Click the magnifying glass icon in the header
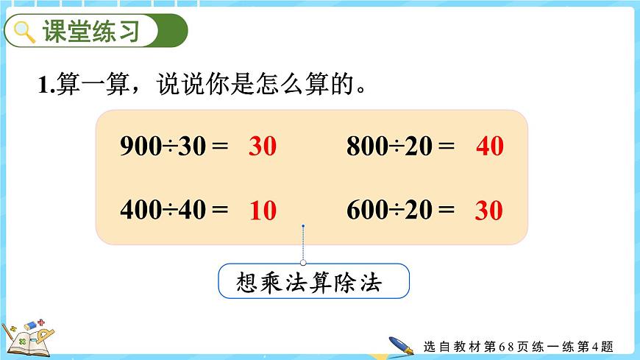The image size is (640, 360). (24, 32)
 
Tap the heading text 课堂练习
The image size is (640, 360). (90, 32)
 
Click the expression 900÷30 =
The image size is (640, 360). (174, 146)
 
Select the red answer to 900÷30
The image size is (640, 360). (262, 147)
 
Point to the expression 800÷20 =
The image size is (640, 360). (401, 146)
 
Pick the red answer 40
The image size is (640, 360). (490, 147)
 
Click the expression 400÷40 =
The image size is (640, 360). (174, 211)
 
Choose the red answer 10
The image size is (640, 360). (262, 211)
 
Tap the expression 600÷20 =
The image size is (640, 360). (401, 211)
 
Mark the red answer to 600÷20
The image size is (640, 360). (488, 211)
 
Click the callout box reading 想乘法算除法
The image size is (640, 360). (313, 281)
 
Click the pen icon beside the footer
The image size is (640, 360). (401, 345)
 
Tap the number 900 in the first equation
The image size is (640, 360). (139, 146)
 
